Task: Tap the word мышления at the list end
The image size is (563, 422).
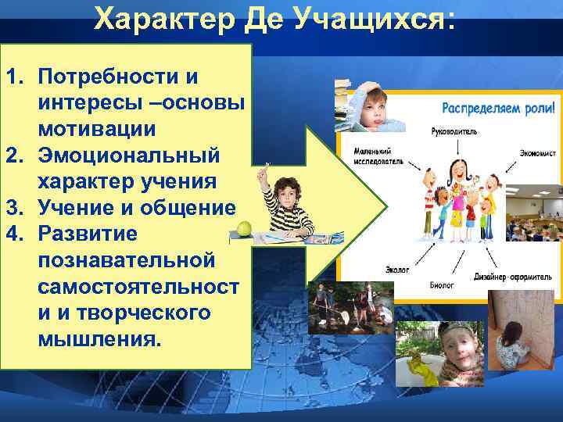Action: point(97,340)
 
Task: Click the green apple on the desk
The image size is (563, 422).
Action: point(244,227)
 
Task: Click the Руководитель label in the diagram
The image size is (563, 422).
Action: point(454,131)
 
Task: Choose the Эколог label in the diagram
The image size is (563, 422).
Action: point(396,269)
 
